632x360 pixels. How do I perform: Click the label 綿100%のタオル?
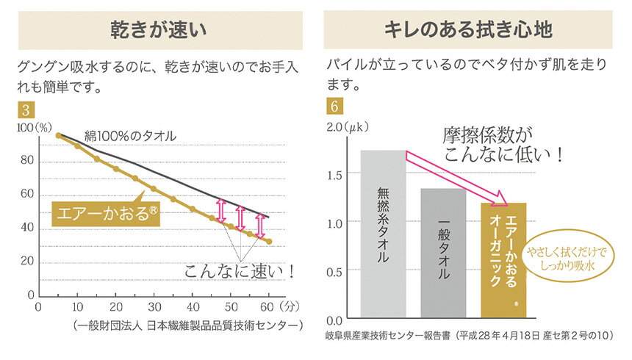point(129,136)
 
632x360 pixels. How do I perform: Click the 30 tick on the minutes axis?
point(154,306)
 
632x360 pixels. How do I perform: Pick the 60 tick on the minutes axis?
point(268,306)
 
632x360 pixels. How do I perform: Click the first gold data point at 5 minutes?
point(59,135)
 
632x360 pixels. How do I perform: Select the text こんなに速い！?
point(240,270)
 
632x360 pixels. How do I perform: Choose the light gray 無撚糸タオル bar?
point(383,235)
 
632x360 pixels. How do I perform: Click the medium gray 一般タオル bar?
point(443,253)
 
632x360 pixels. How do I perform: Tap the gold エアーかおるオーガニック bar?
point(503,261)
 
